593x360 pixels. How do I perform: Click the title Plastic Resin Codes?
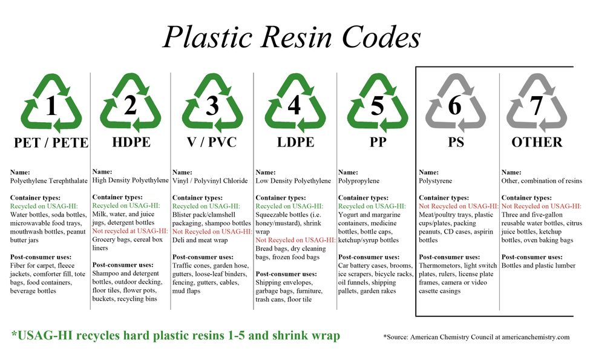tap(292, 38)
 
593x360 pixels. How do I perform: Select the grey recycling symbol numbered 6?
tap(455, 103)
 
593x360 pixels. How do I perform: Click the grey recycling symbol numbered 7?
tap(537, 103)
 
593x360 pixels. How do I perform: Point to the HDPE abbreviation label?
tap(131, 142)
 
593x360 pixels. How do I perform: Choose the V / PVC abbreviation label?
tap(212, 142)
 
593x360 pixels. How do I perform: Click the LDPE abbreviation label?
tap(295, 142)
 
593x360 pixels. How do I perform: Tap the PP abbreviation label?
tap(378, 142)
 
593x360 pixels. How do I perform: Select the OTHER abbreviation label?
tap(537, 142)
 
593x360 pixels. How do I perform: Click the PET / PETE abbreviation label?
tap(51, 143)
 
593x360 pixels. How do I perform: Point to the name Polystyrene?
tap(435, 181)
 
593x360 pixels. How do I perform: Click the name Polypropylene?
tap(358, 181)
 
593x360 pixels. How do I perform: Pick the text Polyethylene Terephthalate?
tap(49, 181)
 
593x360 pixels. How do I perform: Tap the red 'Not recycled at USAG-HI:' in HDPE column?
tap(130, 231)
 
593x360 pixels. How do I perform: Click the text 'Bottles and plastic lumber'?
tap(539, 266)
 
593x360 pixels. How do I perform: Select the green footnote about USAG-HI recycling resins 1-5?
tap(176, 335)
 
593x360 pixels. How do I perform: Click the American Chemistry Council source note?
tap(476, 337)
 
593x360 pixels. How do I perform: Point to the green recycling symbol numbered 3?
tap(212, 103)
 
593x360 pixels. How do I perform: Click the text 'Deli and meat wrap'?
tap(200, 240)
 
